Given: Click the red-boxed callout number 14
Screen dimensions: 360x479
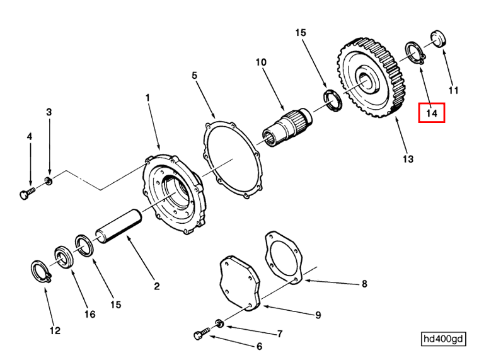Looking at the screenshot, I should [432, 113].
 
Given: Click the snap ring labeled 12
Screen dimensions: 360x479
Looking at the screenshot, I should [40, 270].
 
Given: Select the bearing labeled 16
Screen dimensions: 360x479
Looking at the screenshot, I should [63, 256].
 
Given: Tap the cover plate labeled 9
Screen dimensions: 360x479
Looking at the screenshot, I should [239, 284].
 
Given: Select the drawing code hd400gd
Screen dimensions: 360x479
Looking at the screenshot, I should [444, 339].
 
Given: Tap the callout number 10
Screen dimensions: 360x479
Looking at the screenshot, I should [260, 62].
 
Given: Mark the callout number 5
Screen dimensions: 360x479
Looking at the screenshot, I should [195, 75].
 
